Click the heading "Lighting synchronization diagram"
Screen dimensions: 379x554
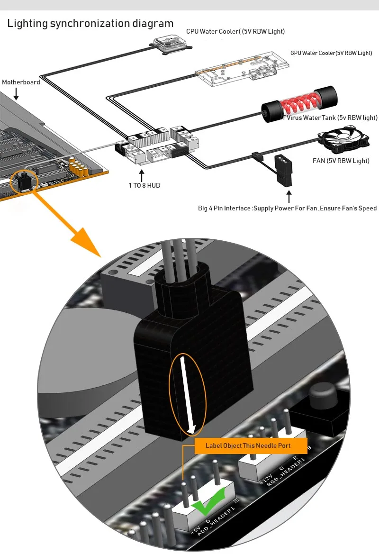tap(90, 23)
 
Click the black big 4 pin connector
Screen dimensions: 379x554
tap(286, 170)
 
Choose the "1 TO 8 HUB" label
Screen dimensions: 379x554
tap(144, 185)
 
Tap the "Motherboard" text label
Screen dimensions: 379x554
tap(21, 82)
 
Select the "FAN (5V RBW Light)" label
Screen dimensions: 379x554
tap(341, 161)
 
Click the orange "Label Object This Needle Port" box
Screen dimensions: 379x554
tap(248, 446)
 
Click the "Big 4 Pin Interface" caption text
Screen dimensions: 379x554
tap(287, 209)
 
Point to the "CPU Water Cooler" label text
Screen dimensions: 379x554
tap(235, 32)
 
